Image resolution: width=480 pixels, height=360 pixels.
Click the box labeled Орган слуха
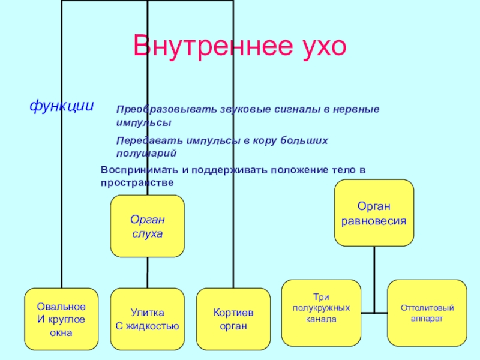click(147, 226)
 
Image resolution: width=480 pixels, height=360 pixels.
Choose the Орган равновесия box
click(374, 213)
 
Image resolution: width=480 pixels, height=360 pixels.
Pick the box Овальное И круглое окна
click(61, 319)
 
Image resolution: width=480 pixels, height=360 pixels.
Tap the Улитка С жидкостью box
click(147, 319)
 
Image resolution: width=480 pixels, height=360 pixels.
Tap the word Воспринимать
click(139, 170)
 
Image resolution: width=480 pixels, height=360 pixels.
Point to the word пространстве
click(137, 182)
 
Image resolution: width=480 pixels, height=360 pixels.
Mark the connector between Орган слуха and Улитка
click(147, 273)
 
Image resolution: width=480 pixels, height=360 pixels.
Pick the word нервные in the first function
click(356, 111)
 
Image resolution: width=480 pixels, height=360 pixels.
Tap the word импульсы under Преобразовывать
click(143, 122)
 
